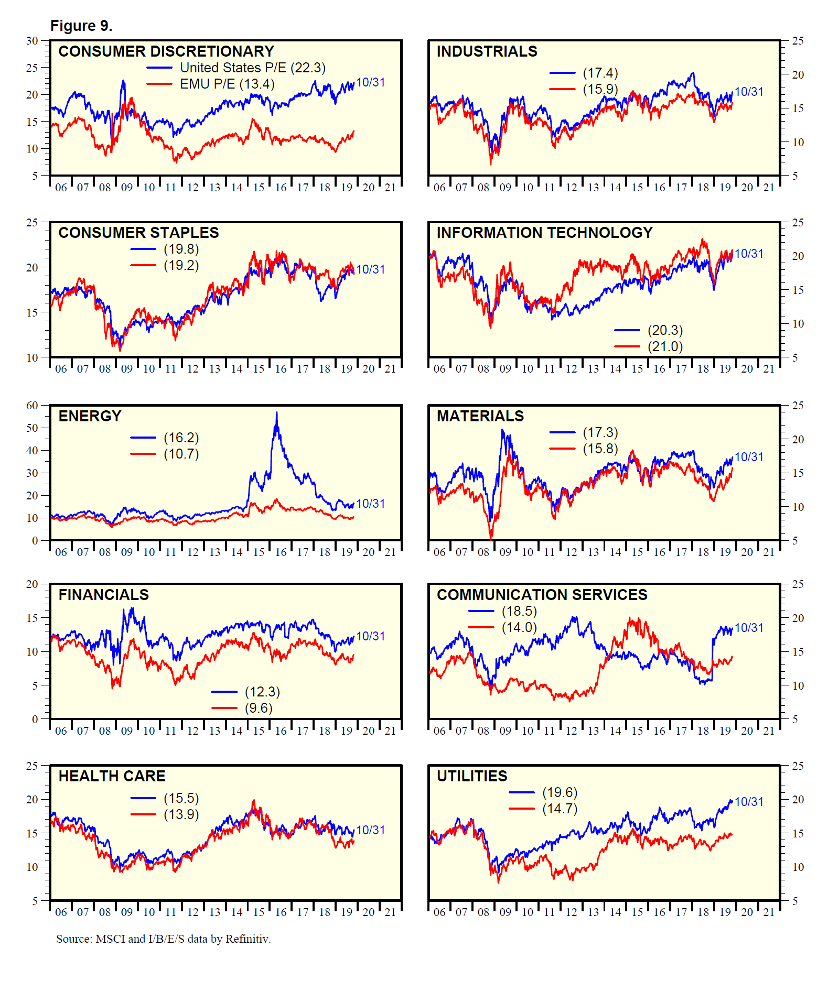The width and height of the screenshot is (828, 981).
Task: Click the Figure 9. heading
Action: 81,26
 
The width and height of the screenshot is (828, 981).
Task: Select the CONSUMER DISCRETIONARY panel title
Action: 166,51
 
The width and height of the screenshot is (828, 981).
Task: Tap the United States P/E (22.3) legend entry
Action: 252,68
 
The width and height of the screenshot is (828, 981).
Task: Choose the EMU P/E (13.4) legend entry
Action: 227,84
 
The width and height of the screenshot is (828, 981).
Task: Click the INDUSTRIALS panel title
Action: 487,51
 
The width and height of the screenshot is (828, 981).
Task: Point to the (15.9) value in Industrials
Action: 600,89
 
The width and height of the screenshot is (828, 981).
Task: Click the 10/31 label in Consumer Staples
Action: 371,269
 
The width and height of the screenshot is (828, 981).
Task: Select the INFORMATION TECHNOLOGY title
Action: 544,233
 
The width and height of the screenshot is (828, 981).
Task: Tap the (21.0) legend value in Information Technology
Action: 665,346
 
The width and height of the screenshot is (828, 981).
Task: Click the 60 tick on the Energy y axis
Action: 33,405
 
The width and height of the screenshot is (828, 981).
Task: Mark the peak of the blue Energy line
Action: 277,413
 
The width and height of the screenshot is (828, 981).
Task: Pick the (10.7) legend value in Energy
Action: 181,454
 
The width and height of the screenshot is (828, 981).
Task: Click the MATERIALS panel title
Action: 480,416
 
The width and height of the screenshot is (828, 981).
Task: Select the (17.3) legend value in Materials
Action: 600,432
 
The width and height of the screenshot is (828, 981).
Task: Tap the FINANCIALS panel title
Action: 103,595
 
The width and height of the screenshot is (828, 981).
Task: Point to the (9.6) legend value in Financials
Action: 259,708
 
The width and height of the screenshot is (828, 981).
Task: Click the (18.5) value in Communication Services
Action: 519,611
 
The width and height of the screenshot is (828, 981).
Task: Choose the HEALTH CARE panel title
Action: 112,776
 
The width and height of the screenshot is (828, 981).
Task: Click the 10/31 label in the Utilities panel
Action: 749,802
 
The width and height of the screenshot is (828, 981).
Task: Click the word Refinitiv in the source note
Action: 248,939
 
